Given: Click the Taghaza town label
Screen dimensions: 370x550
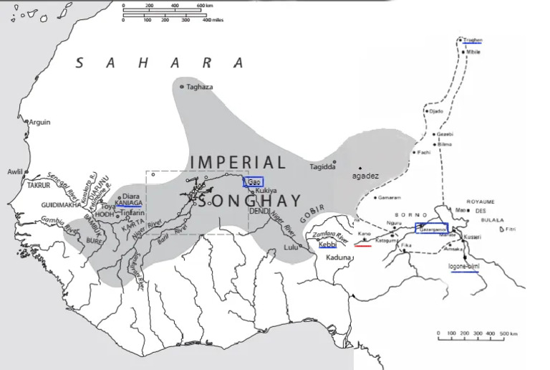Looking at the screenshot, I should point(200,87).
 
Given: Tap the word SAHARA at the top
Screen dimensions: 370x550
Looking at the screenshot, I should point(160,63).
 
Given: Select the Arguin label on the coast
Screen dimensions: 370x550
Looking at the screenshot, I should point(39,122).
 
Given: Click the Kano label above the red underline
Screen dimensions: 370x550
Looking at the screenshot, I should point(365,234).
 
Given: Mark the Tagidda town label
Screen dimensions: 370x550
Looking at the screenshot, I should point(321,167).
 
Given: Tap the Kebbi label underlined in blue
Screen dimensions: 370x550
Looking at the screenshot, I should point(327,245).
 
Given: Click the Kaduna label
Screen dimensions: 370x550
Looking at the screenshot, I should point(339,257).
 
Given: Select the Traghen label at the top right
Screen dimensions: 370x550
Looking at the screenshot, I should point(473,40).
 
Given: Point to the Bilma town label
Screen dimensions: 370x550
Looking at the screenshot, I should point(445,144).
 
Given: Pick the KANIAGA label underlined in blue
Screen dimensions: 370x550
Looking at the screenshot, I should point(128,204).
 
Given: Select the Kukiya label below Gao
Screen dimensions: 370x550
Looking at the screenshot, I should point(265,191).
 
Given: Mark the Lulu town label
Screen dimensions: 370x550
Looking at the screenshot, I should point(290,247).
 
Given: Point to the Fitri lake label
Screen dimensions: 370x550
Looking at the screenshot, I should point(511,229).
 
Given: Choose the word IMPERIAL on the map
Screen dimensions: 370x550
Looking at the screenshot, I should point(237,162).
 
